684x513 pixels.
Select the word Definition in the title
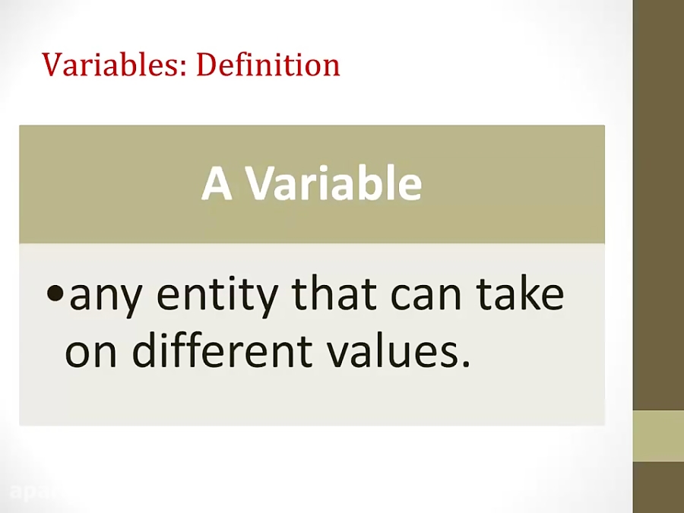[x=268, y=65]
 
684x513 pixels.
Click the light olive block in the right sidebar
[x=658, y=435]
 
